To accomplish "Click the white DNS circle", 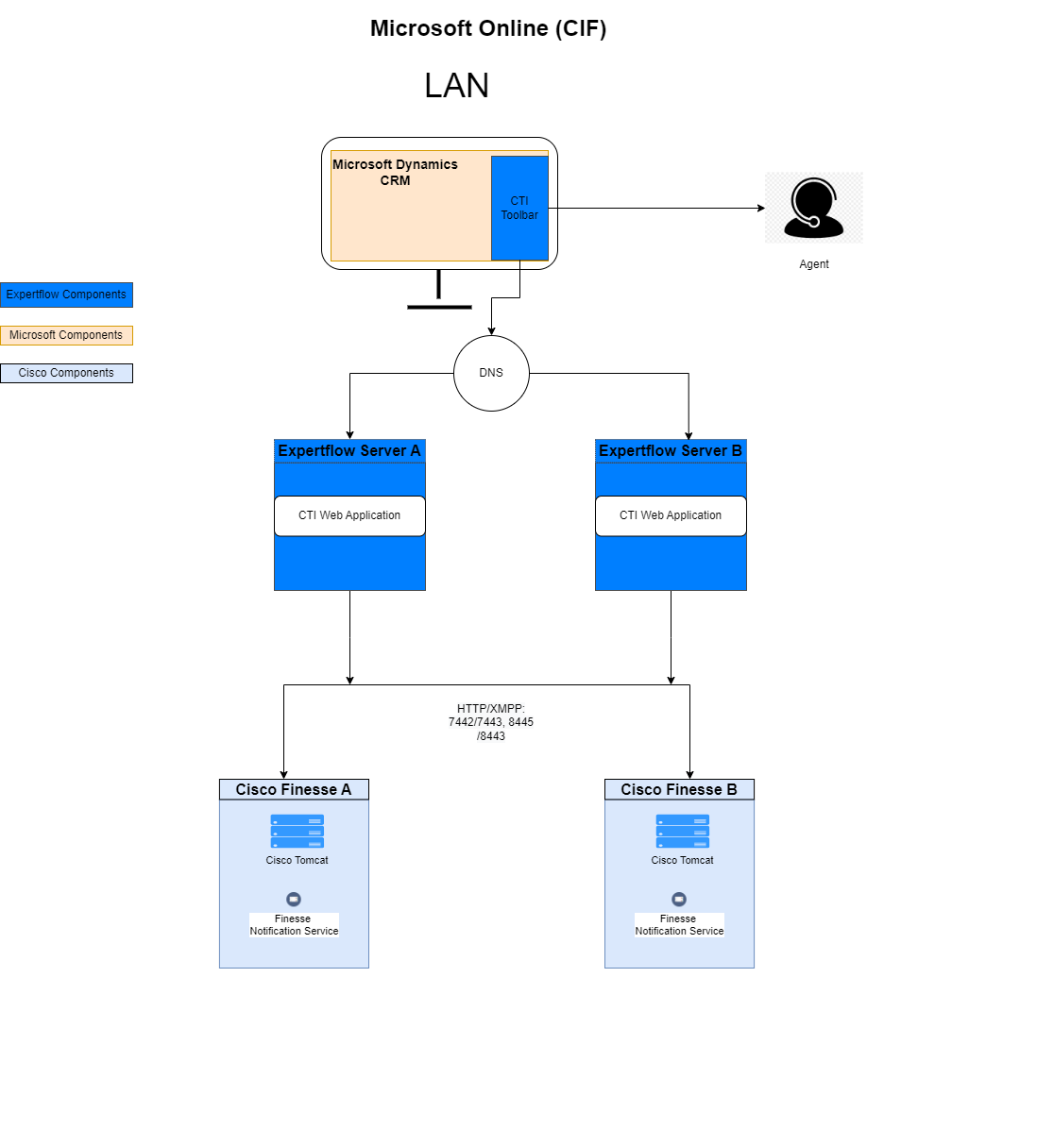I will pyautogui.click(x=491, y=373).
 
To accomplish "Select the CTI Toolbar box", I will pyautogui.click(x=519, y=208).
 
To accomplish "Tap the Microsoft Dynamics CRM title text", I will pyautogui.click(x=395, y=172).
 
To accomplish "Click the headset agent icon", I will pyautogui.click(x=813, y=208).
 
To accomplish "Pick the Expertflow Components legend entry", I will pyautogui.click(x=66, y=295).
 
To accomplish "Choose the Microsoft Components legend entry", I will pyautogui.click(x=66, y=335).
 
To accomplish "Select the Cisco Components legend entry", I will pyautogui.click(x=66, y=373).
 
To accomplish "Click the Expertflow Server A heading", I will pyautogui.click(x=349, y=451).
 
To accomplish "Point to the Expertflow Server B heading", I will pyautogui.click(x=671, y=451).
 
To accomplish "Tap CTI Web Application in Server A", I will pyautogui.click(x=349, y=515).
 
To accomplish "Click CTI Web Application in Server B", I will pyautogui.click(x=671, y=515).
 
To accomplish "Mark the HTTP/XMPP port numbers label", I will pyautogui.click(x=491, y=722).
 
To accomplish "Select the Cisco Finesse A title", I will pyautogui.click(x=294, y=789).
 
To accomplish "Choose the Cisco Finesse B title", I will pyautogui.click(x=679, y=789).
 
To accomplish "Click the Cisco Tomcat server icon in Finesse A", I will pyautogui.click(x=297, y=832).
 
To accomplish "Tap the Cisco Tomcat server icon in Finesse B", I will pyautogui.click(x=682, y=832).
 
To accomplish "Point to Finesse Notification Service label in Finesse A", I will pyautogui.click(x=294, y=925).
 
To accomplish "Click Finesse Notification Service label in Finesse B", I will pyautogui.click(x=679, y=925).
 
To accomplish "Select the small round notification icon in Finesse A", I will pyautogui.click(x=294, y=899).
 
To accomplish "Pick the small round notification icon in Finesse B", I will pyautogui.click(x=679, y=899).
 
